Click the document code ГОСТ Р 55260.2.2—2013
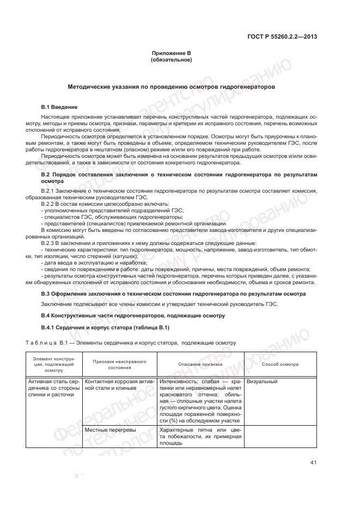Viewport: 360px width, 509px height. [x=284, y=37]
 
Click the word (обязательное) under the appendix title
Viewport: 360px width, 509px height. [x=171, y=59]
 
